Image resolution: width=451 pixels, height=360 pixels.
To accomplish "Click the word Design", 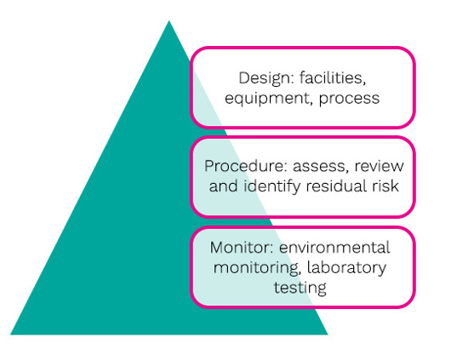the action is (x=265, y=79).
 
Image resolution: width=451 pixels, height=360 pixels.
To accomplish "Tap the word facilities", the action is (x=333, y=77).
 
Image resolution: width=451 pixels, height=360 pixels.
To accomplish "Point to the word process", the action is (x=349, y=100).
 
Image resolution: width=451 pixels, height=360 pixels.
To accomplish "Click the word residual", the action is (x=337, y=186).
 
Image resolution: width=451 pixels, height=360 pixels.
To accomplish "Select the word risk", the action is (x=385, y=186).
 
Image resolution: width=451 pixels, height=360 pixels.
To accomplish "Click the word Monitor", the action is (x=242, y=248).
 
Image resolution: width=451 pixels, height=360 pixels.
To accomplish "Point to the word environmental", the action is (x=334, y=248).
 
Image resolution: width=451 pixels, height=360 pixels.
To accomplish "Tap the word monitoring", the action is (x=256, y=268).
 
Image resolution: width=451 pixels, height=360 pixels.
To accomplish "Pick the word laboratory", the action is (x=346, y=268).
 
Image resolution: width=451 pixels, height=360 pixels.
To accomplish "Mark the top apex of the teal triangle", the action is (x=168, y=20).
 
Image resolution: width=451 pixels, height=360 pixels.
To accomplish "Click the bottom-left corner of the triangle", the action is (x=11, y=334).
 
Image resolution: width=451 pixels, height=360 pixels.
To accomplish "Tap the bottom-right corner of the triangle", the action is (x=328, y=334).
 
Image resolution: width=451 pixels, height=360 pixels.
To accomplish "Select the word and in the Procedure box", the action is (x=224, y=186).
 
